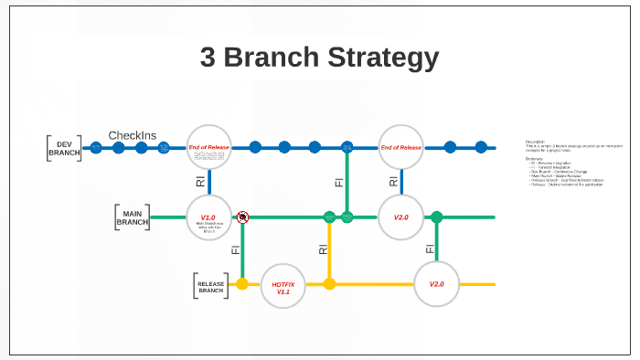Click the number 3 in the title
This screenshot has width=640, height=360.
pos(210,58)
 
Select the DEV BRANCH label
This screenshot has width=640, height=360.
pos(64,149)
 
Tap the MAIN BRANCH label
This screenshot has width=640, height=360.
pos(132,217)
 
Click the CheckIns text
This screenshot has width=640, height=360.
pos(133,135)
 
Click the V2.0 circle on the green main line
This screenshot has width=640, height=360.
pos(401,217)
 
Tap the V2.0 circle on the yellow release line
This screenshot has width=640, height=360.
pos(437,284)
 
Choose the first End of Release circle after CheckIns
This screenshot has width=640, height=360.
pos(209,147)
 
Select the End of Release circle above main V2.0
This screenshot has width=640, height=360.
pos(401,147)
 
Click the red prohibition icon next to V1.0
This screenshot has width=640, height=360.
pos(242,217)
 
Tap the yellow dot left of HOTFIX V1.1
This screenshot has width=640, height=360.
pos(242,284)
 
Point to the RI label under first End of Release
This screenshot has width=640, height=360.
pos(200,182)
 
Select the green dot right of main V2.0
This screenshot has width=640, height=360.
pos(437,217)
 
